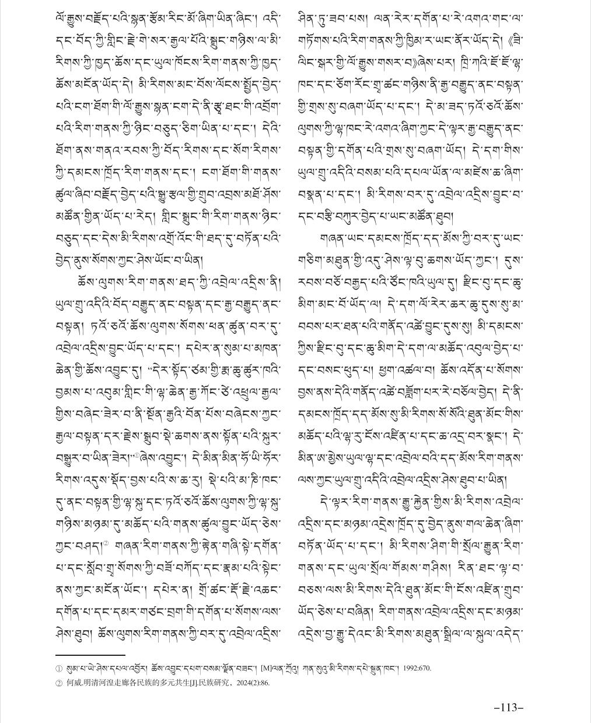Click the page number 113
[509, 707]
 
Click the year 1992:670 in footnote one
[415, 669]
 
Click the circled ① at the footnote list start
[58, 669]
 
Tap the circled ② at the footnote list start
[58, 682]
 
